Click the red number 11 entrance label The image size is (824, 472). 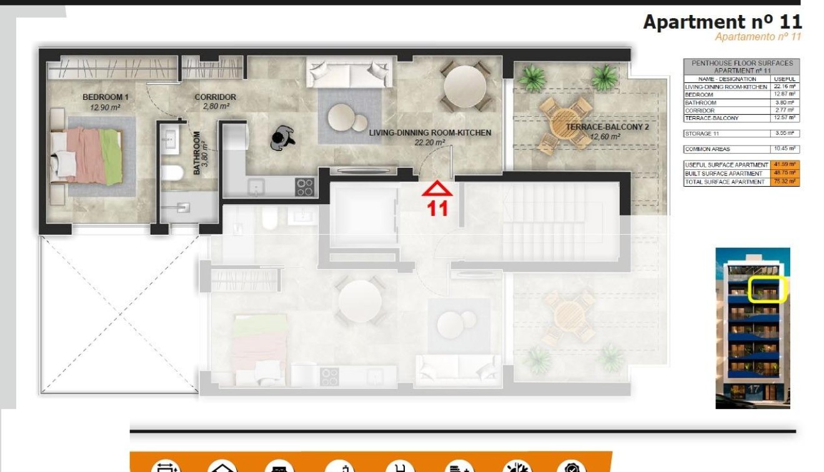(437, 208)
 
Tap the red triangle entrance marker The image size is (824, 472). (437, 189)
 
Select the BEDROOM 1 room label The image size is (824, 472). (105, 97)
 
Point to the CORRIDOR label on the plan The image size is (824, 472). (215, 97)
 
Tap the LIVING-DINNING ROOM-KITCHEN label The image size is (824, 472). (430, 133)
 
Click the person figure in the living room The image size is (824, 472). (283, 138)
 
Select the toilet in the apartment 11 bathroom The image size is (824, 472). (172, 173)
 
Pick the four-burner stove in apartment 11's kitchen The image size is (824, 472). (305, 187)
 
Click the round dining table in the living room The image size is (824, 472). (464, 86)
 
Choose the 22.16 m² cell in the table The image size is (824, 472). (785, 87)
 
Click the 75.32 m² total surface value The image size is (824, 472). (785, 182)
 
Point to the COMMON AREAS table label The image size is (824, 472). (708, 149)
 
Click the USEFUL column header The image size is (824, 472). (785, 79)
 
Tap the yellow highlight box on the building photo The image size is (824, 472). (767, 290)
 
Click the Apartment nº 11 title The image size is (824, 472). (722, 22)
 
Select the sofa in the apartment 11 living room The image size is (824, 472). (350, 73)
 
